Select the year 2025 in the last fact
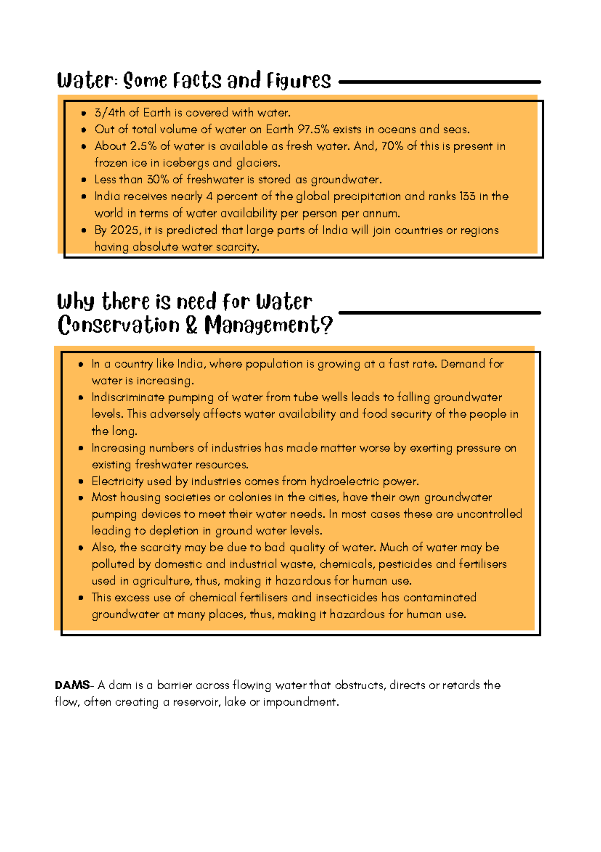pos(125,230)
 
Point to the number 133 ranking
pos(467,196)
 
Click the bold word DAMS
pos(72,685)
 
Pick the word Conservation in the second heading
pos(118,325)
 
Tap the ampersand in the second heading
pos(191,325)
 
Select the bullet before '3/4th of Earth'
pos(84,113)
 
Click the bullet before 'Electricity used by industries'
pos(81,482)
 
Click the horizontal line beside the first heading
pos(440,82)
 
